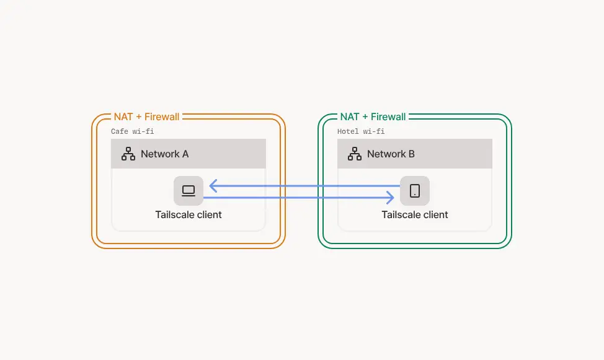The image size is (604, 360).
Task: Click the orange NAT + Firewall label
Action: coord(146,116)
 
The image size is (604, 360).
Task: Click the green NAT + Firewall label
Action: coord(373,116)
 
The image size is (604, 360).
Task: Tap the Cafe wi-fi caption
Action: coord(133,131)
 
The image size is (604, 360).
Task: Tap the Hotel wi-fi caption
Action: coord(361,131)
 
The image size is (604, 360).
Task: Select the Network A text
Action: coord(164,154)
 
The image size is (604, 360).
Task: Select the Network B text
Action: coord(391,154)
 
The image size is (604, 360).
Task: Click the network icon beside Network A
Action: coord(128,154)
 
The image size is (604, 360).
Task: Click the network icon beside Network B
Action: coord(355,154)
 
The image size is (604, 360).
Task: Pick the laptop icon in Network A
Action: coord(189,191)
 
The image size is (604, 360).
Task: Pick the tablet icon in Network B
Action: coord(415,191)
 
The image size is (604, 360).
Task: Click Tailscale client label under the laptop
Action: coord(189,215)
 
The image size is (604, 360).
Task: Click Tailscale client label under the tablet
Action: coord(415,215)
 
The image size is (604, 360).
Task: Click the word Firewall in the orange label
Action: coord(162,116)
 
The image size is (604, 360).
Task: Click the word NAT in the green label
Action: coord(350,116)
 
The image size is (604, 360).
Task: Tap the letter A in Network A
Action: coord(185,154)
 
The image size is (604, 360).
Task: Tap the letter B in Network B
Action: coord(411,154)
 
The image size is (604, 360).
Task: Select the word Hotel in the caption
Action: coord(348,131)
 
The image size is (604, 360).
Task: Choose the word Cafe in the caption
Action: coord(120,131)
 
